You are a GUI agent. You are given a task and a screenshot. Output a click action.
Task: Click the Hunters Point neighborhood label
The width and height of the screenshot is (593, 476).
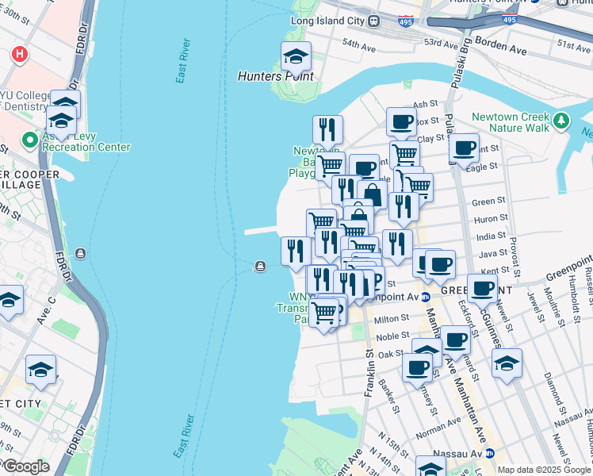(x=276, y=77)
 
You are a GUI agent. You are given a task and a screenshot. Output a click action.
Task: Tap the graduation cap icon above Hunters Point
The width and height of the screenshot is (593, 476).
(x=296, y=57)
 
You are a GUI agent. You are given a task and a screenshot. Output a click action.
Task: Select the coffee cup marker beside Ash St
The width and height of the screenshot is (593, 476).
(x=402, y=123)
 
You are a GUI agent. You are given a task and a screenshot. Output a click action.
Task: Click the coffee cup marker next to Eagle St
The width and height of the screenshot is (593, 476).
(x=464, y=148)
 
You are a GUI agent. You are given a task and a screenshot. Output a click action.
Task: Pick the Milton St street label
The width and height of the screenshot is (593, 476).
(x=392, y=317)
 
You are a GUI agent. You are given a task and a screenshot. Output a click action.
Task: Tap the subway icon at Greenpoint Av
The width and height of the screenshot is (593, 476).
(x=425, y=297)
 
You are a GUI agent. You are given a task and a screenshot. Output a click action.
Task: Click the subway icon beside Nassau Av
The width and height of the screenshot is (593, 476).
(x=489, y=453)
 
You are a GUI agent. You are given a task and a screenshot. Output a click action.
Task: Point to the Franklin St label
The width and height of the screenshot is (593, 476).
(x=370, y=357)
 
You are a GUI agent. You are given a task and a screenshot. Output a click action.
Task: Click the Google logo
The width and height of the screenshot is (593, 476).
(x=25, y=466)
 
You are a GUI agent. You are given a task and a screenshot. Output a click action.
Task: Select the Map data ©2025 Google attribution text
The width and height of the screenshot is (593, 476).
(x=544, y=470)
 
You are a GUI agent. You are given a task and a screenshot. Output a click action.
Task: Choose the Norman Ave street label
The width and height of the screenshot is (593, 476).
(x=433, y=433)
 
